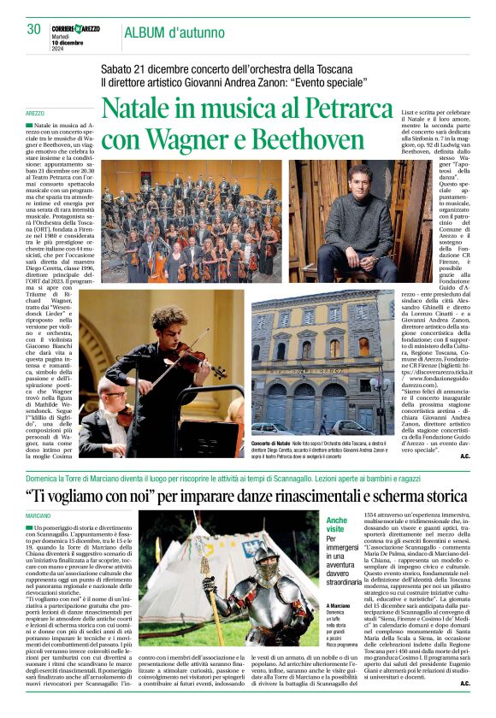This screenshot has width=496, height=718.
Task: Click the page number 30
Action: [x=33, y=29]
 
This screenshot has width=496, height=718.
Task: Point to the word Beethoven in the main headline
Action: [x=292, y=140]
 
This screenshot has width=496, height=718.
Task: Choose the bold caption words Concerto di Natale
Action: [x=271, y=444]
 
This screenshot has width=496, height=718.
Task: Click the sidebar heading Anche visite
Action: [x=336, y=524]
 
